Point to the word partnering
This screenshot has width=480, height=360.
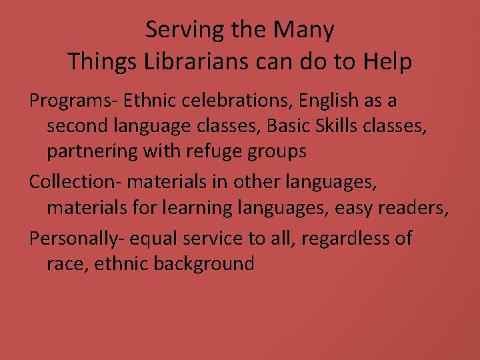91,152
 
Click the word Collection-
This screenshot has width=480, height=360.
75,182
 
